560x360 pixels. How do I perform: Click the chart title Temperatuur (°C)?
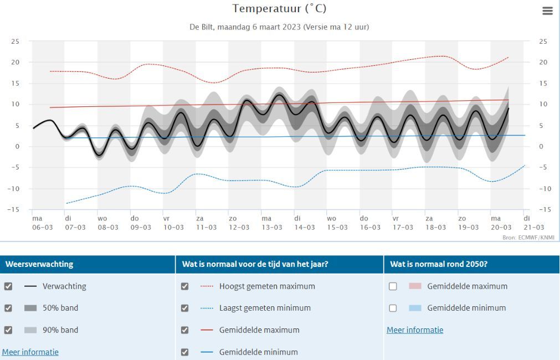coord(279,8)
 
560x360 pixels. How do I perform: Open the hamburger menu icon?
coord(547,11)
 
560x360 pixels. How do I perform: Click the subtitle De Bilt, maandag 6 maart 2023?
coord(245,27)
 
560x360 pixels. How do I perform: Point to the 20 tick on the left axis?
coord(15,62)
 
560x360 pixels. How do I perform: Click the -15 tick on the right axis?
coord(544,210)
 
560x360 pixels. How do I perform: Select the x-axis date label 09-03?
coord(141,228)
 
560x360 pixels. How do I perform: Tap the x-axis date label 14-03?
coord(305,228)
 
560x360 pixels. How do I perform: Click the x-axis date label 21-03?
coord(534,228)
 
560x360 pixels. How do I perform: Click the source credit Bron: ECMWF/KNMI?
coord(528,237)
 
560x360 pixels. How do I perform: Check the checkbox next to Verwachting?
coord(8,286)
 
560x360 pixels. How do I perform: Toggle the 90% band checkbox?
coord(8,330)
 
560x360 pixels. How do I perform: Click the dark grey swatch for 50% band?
coord(30,308)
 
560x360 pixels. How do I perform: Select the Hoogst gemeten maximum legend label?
coord(267,286)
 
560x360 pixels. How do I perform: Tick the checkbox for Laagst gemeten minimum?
coord(184,308)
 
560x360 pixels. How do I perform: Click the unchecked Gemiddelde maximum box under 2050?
coord(393,286)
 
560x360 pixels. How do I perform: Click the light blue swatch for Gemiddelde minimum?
coord(415,308)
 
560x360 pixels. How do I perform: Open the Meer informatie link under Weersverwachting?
coord(30,352)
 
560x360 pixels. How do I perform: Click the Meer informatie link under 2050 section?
coord(415,330)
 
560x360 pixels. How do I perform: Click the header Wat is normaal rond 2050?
coord(439,264)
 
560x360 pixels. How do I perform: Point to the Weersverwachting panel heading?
coord(39,264)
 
